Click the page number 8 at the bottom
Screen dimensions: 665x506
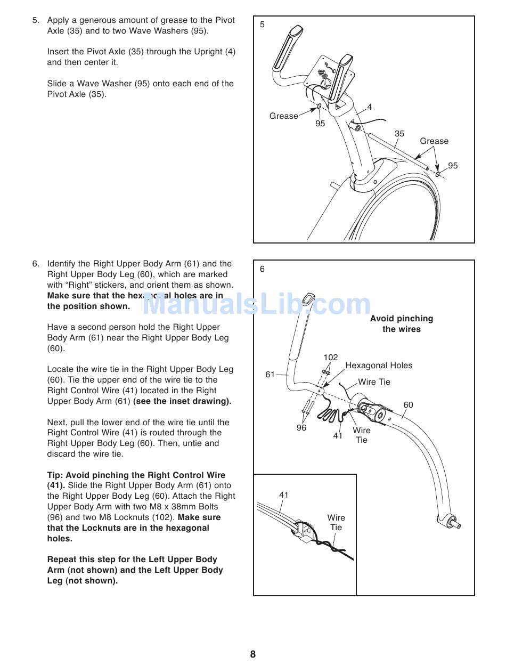pos(253,654)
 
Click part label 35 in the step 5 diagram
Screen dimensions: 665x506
pos(399,134)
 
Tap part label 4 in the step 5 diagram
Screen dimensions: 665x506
pos(370,107)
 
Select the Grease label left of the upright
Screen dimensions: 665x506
pos(283,116)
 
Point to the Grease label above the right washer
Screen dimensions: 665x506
pos(434,141)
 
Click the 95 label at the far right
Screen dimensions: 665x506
pos(453,166)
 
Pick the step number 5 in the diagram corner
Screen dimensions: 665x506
pos(262,25)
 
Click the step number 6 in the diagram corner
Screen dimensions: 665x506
pos(262,269)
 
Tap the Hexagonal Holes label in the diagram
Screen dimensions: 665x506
pos(379,366)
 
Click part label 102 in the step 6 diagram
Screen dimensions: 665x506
pos(330,358)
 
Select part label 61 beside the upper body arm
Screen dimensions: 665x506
pos(270,375)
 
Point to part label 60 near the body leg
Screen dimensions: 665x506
pos(408,405)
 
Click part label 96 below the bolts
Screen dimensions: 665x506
pos(301,427)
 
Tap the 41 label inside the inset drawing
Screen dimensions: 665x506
pos(284,495)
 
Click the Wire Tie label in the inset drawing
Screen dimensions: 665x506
pos(336,522)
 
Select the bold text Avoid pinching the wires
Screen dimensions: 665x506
pos(402,324)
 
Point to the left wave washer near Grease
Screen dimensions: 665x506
pos(319,106)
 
